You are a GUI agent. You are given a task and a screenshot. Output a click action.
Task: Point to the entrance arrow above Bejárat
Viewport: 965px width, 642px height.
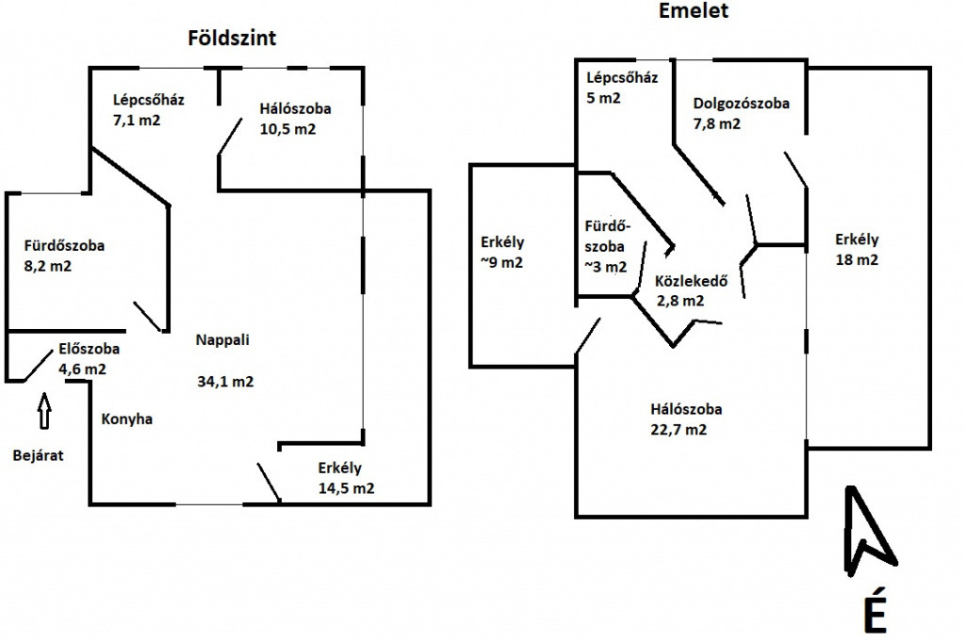(x=43, y=411)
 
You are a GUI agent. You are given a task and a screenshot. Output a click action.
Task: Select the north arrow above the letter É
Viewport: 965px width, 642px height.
(x=866, y=532)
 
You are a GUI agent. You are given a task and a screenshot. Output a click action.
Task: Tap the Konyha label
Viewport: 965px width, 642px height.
(x=126, y=420)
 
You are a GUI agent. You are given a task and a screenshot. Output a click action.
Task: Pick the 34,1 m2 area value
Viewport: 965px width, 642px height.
(x=225, y=382)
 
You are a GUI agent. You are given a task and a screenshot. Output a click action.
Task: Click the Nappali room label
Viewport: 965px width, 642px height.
(x=223, y=339)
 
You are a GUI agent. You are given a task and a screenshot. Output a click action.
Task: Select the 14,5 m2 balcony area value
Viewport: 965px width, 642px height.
(x=346, y=488)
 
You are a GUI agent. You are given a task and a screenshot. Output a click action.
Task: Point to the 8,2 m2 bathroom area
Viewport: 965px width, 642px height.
(x=47, y=267)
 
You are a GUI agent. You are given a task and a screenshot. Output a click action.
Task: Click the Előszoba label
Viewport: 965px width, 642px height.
(x=89, y=348)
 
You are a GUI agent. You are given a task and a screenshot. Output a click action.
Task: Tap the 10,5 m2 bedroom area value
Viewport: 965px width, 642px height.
(x=287, y=129)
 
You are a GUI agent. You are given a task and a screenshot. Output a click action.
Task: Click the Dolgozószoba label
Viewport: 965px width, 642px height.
(x=741, y=104)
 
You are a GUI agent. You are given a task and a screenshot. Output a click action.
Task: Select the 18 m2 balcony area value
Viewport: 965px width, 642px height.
(x=856, y=260)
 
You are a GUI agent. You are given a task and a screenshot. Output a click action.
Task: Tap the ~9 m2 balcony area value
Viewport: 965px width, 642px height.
(x=501, y=263)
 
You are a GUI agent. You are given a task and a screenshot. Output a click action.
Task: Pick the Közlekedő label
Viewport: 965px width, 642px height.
(x=692, y=281)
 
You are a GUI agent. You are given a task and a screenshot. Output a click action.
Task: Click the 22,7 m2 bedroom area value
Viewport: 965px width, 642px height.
(x=679, y=429)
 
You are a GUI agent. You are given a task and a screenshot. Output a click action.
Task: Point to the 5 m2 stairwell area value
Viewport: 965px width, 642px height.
(x=603, y=98)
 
